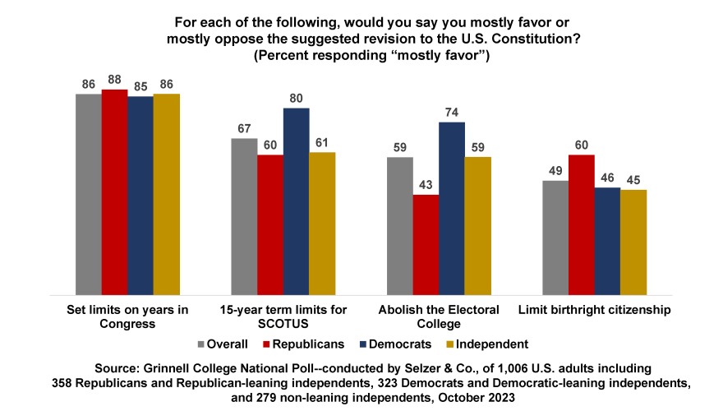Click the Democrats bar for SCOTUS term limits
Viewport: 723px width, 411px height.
[x=296, y=201]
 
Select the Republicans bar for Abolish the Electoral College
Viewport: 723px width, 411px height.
[x=425, y=244]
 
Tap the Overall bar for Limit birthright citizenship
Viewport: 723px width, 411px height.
[x=555, y=237]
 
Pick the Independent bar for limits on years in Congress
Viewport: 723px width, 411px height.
[x=166, y=193]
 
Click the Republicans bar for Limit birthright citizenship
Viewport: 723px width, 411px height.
[x=581, y=224]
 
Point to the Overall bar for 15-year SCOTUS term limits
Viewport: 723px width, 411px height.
[x=244, y=215]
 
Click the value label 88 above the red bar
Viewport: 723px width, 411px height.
[x=114, y=80]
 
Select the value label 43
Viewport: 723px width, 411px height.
[x=425, y=185]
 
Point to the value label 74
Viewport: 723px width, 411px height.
[x=451, y=112]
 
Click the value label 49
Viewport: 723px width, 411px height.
[x=555, y=170]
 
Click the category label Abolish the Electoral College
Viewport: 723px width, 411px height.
[x=438, y=316]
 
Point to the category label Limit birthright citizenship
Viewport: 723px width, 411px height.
[x=593, y=310]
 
